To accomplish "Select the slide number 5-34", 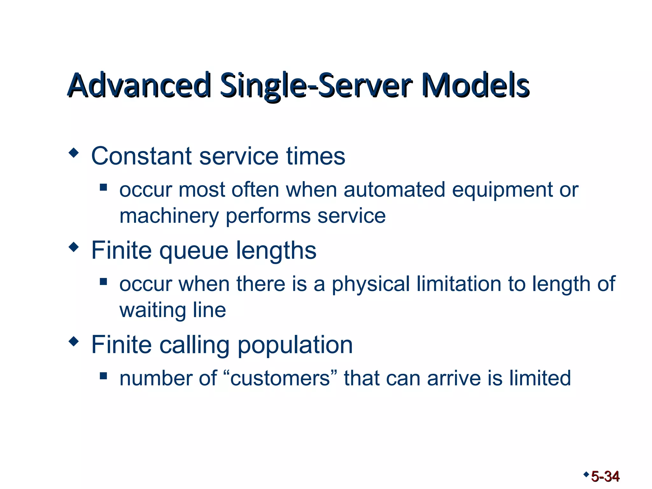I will tap(605, 477).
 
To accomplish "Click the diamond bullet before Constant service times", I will tap(74, 153).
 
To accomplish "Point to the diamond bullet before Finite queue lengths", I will tap(74, 247).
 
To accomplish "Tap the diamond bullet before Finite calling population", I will tap(74, 341).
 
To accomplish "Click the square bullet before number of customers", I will tap(103, 376).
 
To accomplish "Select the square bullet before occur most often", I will tap(103, 187).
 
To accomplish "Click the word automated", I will tap(394, 190).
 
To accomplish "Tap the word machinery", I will tap(169, 216).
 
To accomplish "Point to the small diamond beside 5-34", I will tap(586, 474).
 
